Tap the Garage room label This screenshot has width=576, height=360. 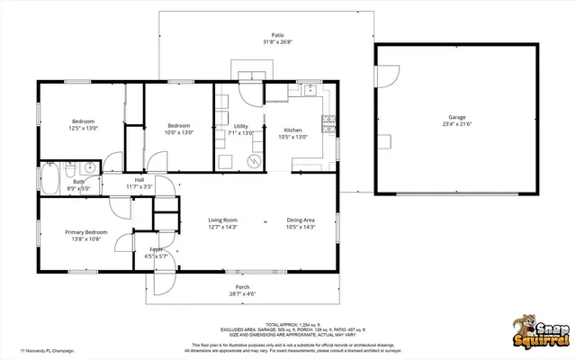pyautogui.click(x=457, y=118)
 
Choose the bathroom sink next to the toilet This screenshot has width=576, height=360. pyautogui.click(x=90, y=167)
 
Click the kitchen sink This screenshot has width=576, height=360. pyautogui.click(x=310, y=88)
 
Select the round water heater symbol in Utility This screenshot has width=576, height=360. pyautogui.click(x=255, y=161)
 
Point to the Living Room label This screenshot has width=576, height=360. pyautogui.click(x=222, y=220)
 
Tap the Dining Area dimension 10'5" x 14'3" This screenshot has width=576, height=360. pyautogui.click(x=301, y=228)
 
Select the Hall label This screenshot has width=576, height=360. pyautogui.click(x=139, y=180)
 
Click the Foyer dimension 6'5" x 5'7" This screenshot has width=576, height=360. pyautogui.click(x=157, y=256)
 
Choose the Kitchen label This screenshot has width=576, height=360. pyautogui.click(x=293, y=130)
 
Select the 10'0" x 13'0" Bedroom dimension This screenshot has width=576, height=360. pyautogui.click(x=178, y=133)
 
